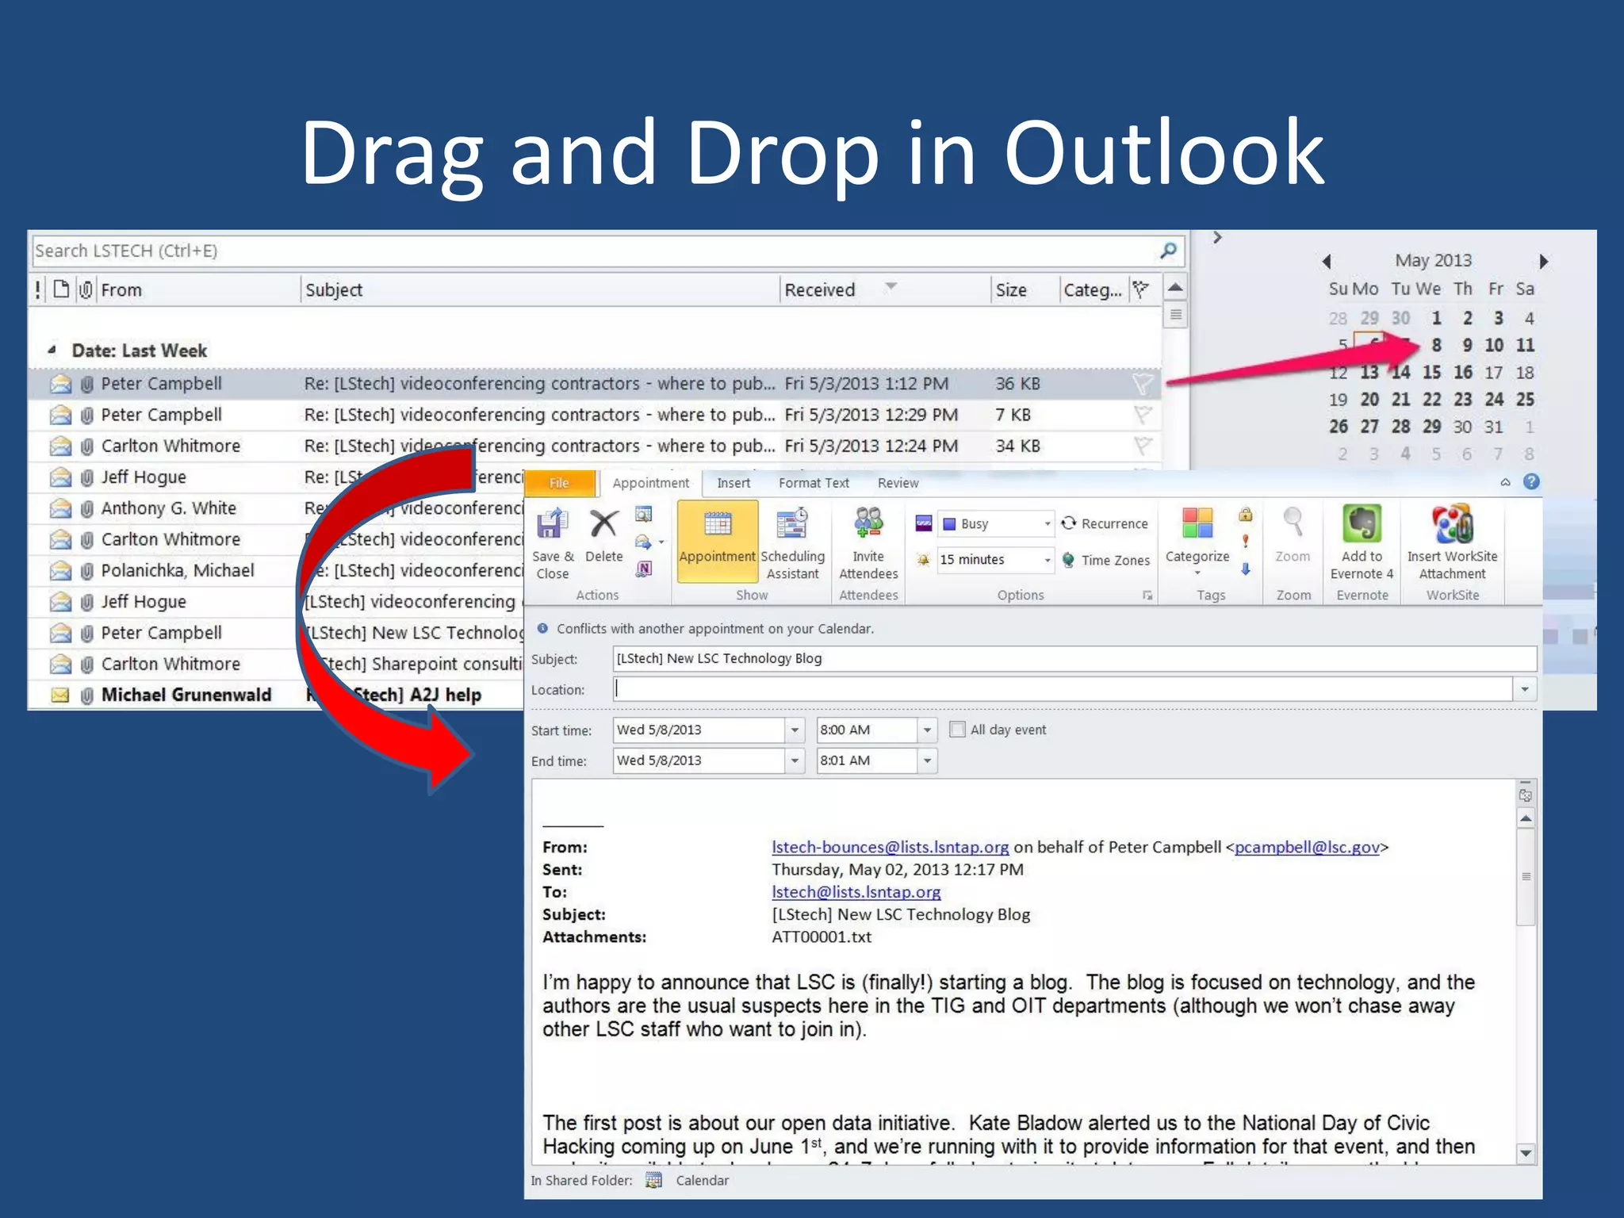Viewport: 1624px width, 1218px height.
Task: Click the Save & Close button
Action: [x=553, y=542]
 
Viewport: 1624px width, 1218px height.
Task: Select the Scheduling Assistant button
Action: [x=792, y=542]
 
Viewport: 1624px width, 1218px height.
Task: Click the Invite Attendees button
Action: [x=868, y=542]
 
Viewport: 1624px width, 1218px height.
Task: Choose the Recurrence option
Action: [x=1105, y=523]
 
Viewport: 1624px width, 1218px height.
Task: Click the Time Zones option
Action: [x=1106, y=560]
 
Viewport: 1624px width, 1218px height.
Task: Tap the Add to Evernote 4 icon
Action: [x=1362, y=542]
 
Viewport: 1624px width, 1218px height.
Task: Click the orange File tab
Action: [x=559, y=483]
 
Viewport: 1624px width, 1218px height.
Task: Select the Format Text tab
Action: [x=814, y=483]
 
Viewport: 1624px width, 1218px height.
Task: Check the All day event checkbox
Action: [x=958, y=730]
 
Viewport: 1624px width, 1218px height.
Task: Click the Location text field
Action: [x=1063, y=689]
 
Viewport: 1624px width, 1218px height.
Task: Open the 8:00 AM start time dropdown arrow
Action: [x=927, y=730]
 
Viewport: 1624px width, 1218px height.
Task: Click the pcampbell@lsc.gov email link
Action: [x=1307, y=847]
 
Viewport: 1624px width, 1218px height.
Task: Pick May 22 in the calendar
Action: [x=1431, y=399]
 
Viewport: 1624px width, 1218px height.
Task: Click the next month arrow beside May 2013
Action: [x=1543, y=261]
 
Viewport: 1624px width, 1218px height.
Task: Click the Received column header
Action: [x=820, y=290]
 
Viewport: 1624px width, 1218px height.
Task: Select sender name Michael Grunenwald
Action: [x=186, y=695]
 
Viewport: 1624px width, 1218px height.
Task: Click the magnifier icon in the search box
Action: [x=1168, y=251]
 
